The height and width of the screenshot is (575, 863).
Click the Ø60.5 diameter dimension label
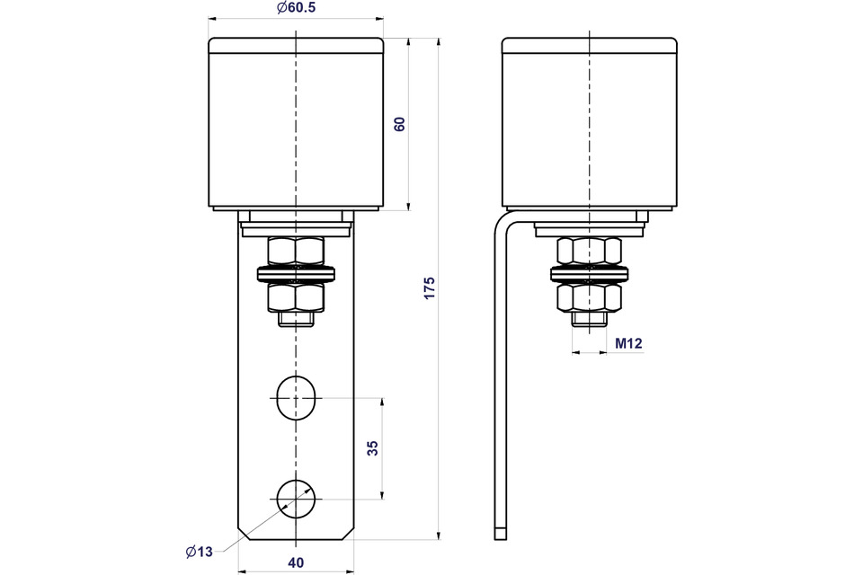296,8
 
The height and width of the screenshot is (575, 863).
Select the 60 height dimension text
399,124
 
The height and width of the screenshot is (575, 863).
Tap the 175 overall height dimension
430,288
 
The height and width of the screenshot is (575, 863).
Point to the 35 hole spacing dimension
372,448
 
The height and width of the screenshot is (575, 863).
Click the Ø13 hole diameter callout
200,552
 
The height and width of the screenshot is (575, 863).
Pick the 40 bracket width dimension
296,562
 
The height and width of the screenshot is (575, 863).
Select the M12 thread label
628,343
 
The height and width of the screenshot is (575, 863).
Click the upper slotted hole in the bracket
296,398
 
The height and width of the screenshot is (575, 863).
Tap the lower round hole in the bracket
296,499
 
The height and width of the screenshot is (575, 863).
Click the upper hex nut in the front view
296,251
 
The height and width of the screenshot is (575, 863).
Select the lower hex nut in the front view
296,297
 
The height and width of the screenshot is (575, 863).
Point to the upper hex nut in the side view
589,251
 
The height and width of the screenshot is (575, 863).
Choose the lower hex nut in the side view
589,297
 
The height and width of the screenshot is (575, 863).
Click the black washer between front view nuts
296,273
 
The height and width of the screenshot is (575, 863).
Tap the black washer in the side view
589,273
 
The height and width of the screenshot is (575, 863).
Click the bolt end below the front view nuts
296,319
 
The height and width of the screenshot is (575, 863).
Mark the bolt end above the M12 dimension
589,319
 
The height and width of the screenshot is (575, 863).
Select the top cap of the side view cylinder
589,45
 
